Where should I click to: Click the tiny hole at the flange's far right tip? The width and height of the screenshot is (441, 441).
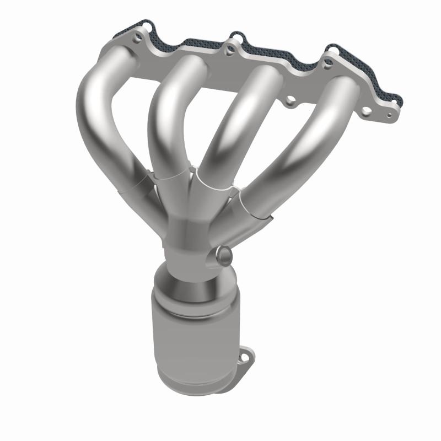click(x=390, y=116)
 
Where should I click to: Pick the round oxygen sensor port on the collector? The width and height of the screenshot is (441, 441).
click(x=225, y=254)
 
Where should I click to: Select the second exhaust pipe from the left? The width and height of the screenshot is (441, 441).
click(x=165, y=110)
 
